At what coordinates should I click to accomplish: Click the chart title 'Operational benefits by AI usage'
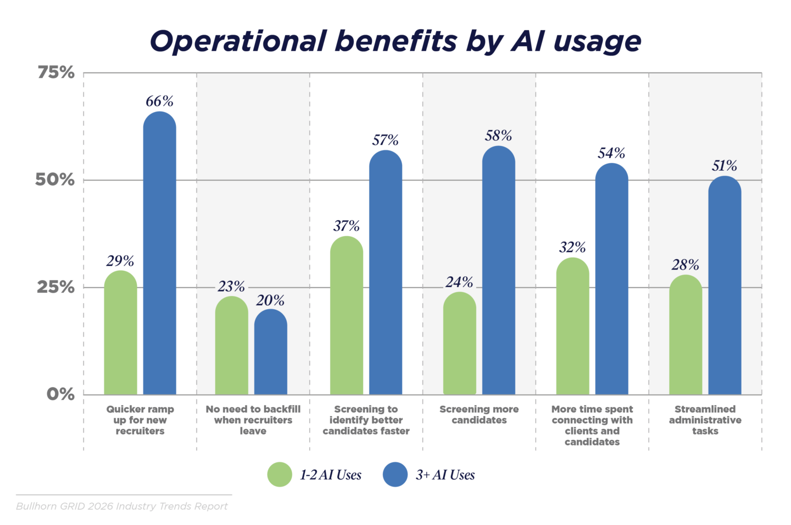click(396, 41)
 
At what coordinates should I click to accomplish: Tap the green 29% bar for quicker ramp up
click(120, 332)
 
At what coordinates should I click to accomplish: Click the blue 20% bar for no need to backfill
click(270, 351)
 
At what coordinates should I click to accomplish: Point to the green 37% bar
click(347, 315)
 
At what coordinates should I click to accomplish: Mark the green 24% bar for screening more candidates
click(460, 343)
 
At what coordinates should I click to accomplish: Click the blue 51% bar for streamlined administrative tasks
click(725, 285)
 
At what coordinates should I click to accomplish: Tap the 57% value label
click(385, 140)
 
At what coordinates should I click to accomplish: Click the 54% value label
click(611, 153)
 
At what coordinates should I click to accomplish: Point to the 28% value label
click(685, 265)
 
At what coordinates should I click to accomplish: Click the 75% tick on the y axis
click(56, 72)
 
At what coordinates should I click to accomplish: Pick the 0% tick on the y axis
click(60, 394)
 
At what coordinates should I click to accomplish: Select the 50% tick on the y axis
click(55, 180)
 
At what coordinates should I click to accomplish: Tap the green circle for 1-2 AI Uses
click(280, 474)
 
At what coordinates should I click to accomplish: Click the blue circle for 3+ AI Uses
click(395, 474)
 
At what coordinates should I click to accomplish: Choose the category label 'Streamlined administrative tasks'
click(705, 420)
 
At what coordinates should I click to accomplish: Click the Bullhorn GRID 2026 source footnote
click(122, 506)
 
